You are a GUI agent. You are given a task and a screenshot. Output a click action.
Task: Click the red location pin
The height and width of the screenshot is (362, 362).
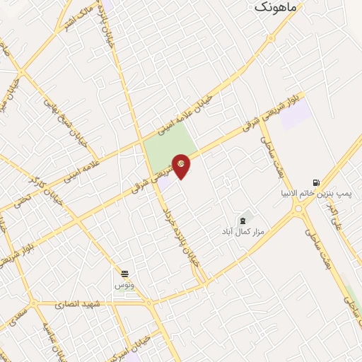click(x=182, y=165)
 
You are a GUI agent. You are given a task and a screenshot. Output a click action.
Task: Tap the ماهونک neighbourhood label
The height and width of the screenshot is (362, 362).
click(x=272, y=6)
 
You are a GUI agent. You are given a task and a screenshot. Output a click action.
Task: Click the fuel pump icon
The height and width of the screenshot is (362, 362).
click(x=315, y=180)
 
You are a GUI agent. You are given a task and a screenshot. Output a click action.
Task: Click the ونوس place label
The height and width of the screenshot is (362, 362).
click(x=124, y=285)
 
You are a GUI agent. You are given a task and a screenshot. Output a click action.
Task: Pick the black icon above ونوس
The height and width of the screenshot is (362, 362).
click(x=124, y=274)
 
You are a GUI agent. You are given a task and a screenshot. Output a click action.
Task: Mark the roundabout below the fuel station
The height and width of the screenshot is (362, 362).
click(x=300, y=209)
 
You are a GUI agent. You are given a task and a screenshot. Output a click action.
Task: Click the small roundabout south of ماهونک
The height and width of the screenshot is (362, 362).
click(x=271, y=38)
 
